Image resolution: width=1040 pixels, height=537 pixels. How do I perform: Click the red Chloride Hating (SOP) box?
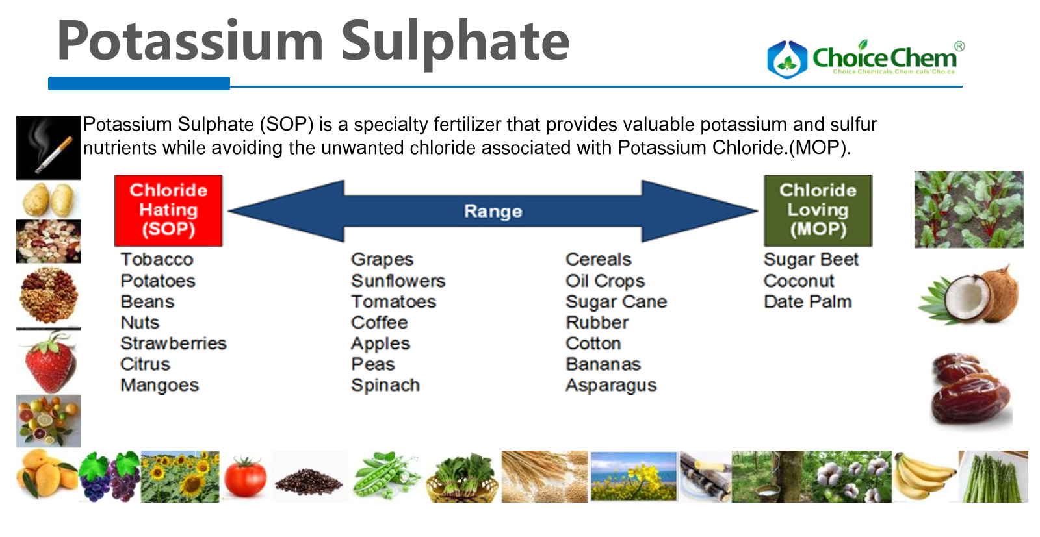(x=168, y=210)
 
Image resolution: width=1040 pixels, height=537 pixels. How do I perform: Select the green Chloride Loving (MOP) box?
(x=818, y=210)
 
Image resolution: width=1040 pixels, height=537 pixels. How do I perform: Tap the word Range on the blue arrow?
(x=493, y=212)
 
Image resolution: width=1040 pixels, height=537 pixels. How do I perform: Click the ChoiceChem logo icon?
(x=787, y=59)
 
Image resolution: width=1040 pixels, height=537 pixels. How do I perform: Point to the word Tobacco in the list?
(x=157, y=259)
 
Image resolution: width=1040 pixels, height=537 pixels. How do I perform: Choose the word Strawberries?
(x=174, y=343)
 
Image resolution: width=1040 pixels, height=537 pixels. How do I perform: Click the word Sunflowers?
(x=398, y=281)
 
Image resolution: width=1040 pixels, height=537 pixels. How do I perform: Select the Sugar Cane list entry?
(x=617, y=302)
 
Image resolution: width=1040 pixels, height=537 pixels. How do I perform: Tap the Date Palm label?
(x=808, y=302)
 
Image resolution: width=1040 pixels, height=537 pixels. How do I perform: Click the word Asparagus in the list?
(x=612, y=385)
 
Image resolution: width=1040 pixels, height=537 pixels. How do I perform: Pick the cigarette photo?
(x=48, y=147)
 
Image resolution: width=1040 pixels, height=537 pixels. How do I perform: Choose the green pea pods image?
(x=387, y=476)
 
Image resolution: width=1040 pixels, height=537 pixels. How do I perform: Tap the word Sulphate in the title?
(x=455, y=42)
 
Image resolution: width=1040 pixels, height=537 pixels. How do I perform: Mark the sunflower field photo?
(x=180, y=476)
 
